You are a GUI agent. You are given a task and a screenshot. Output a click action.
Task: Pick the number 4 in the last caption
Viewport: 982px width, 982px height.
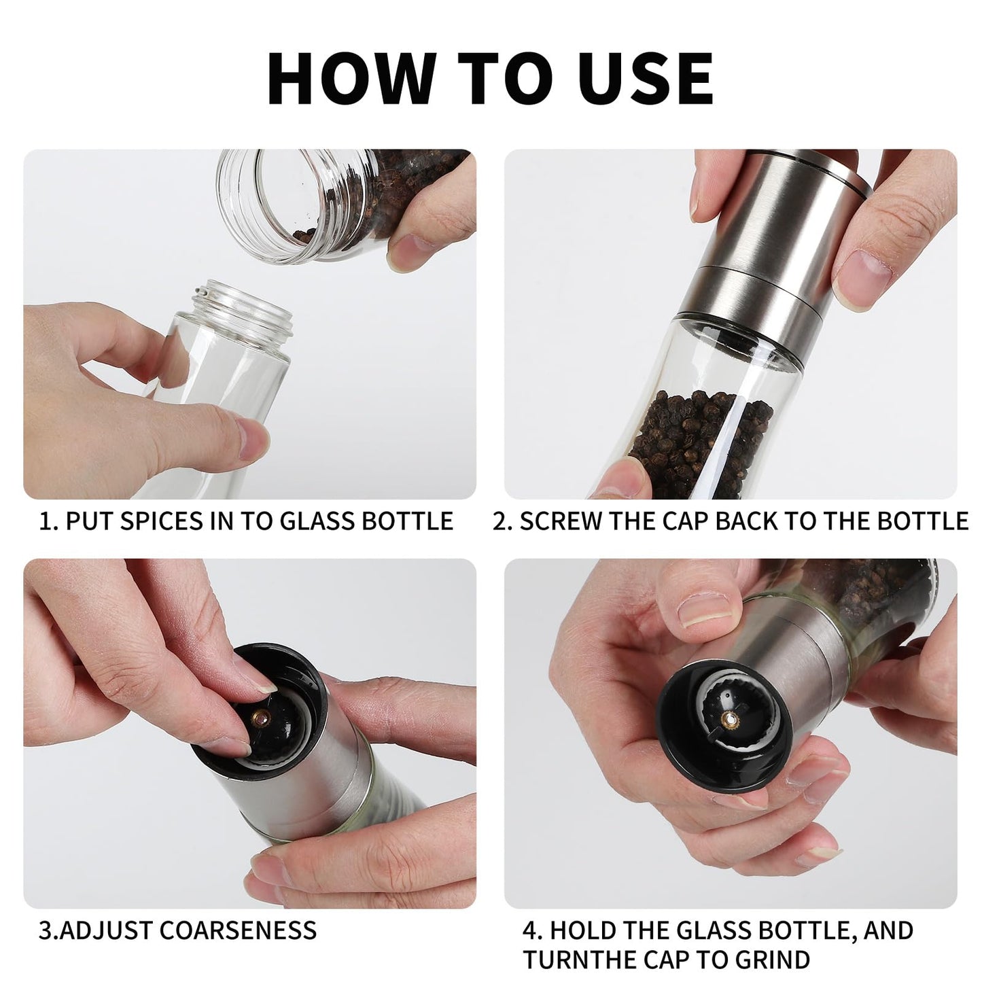tap(531, 930)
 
